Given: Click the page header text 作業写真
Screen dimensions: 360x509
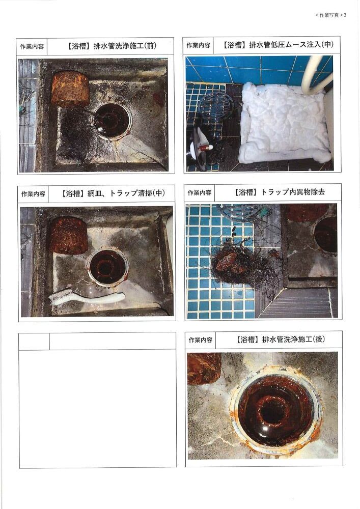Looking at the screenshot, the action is tap(329, 15).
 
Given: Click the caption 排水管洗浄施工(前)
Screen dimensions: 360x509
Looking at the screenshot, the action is tap(125, 46).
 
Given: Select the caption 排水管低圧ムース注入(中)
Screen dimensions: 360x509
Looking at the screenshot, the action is tap(291, 44).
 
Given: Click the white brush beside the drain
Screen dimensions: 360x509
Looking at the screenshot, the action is tap(87, 298).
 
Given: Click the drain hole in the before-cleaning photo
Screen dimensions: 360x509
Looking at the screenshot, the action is tap(112, 121).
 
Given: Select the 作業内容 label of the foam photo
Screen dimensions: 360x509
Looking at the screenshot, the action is tap(198, 45).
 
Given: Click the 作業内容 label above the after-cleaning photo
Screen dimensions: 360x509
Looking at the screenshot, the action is tap(200, 340).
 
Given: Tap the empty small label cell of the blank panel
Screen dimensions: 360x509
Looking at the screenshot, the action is tap(34, 341).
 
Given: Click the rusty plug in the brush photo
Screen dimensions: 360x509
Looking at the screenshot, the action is tap(69, 235).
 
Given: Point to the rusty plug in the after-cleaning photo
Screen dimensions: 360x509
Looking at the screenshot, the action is tap(204, 369).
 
